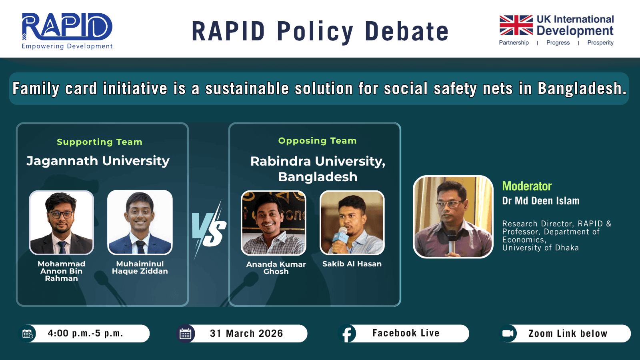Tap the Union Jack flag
click(x=516, y=25)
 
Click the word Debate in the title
click(x=407, y=32)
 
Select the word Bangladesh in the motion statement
click(x=582, y=88)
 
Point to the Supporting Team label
click(x=100, y=142)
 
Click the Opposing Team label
click(x=318, y=140)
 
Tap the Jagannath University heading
click(x=98, y=161)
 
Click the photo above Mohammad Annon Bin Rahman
click(x=62, y=222)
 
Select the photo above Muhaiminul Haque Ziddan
click(x=140, y=222)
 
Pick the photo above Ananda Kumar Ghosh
click(x=274, y=223)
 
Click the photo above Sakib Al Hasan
click(x=352, y=222)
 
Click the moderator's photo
click(x=453, y=217)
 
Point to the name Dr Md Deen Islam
click(x=541, y=201)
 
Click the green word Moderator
click(x=527, y=186)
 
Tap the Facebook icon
click(x=347, y=334)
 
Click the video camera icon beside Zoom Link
click(x=508, y=334)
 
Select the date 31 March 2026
click(x=246, y=334)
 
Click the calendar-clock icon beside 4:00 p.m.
click(x=28, y=334)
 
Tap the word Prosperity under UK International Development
click(x=600, y=42)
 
